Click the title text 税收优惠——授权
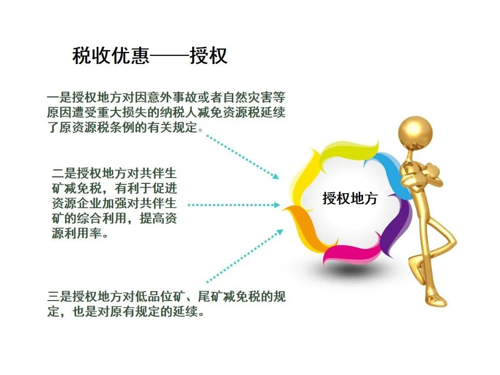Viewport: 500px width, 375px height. (x=150, y=56)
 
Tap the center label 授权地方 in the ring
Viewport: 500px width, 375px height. (x=350, y=198)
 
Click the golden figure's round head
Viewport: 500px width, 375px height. (x=415, y=132)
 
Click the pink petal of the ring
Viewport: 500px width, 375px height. (x=351, y=252)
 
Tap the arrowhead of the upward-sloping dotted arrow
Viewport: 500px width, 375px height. (x=279, y=232)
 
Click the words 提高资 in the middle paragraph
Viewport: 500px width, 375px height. (x=158, y=218)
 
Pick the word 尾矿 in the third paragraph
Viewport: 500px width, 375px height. (x=210, y=296)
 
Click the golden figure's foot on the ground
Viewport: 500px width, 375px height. (x=435, y=300)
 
